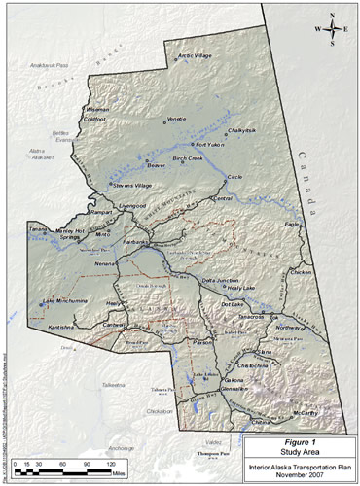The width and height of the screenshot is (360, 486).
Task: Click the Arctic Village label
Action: pos(196,56)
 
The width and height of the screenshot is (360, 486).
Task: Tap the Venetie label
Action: pos(175,119)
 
